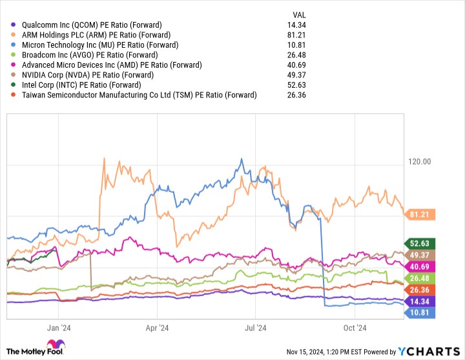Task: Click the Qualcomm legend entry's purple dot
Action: [13, 25]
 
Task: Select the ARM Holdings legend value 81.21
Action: [296, 35]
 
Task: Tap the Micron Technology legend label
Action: [100, 45]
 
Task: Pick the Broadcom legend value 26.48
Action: [296, 55]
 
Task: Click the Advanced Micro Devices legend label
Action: [112, 65]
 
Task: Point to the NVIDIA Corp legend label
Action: [88, 75]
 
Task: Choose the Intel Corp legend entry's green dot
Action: [13, 85]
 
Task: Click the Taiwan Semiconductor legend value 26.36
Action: [296, 95]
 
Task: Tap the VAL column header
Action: [299, 15]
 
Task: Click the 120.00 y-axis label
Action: [419, 162]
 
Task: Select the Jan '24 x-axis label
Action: [59, 328]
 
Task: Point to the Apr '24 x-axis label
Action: [157, 328]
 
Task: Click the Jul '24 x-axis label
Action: [255, 328]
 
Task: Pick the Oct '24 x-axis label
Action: [355, 328]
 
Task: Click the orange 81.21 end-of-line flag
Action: [419, 215]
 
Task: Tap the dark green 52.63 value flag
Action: [419, 244]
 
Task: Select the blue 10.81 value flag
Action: [419, 313]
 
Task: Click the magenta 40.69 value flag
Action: [419, 266]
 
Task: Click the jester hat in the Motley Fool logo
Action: [56, 345]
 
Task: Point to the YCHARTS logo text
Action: [429, 352]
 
